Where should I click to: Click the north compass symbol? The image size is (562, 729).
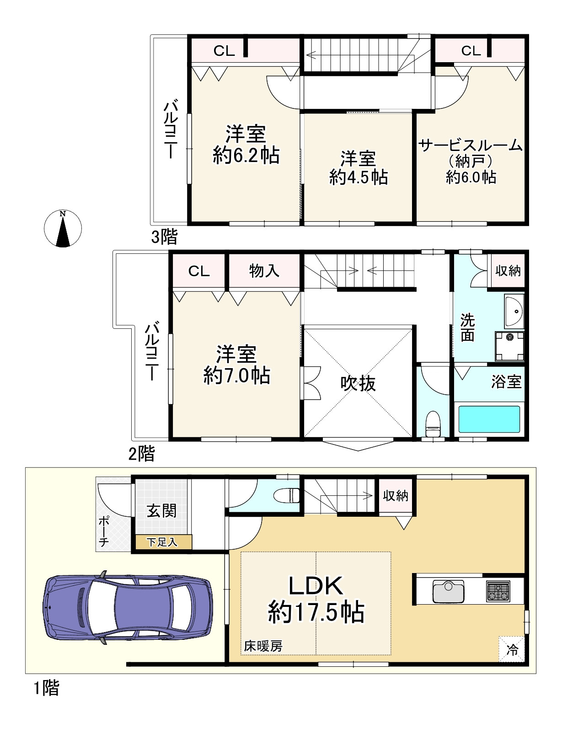click(x=63, y=229)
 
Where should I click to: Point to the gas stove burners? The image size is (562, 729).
click(x=498, y=591)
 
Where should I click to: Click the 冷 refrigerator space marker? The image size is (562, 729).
click(x=512, y=649)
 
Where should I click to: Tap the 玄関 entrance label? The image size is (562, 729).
click(x=161, y=511)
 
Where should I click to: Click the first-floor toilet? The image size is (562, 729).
click(x=287, y=495)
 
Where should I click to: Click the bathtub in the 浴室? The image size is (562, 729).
click(x=489, y=419)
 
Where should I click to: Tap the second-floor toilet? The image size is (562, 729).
click(x=433, y=423)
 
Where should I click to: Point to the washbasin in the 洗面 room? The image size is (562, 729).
click(x=514, y=311)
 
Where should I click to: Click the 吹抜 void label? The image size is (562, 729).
click(x=358, y=383)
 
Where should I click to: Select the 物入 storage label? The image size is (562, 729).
click(x=264, y=270)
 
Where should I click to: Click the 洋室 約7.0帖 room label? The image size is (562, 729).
click(x=237, y=364)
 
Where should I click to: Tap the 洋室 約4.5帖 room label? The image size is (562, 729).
click(x=359, y=168)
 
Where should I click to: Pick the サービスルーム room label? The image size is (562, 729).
click(x=471, y=145)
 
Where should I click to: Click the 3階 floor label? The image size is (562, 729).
click(x=164, y=237)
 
